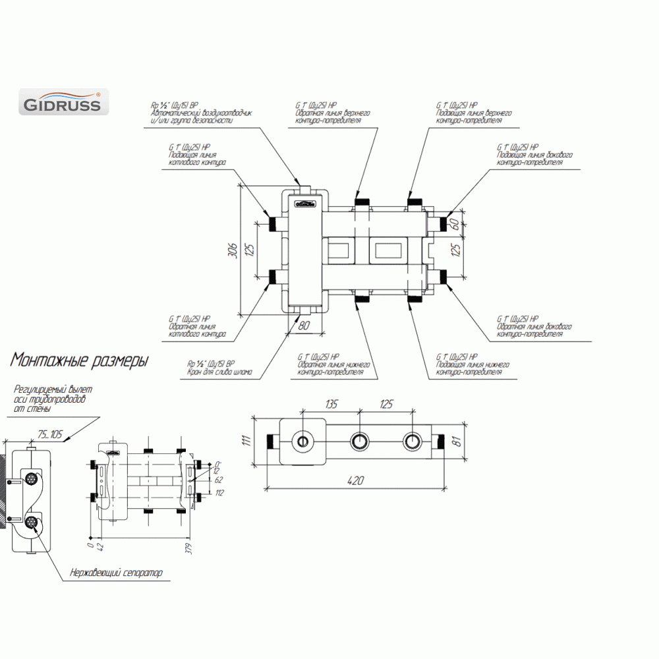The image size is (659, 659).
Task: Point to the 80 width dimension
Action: pos(304,324)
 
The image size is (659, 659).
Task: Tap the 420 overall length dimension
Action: pos(355,482)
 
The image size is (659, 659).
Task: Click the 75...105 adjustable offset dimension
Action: pos(51,434)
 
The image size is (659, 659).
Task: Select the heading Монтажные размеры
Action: pos(79,360)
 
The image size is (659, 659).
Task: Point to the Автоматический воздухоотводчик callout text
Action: pos(202,114)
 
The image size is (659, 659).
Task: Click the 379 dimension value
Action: pos(188,550)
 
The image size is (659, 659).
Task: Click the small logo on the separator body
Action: pos(304,204)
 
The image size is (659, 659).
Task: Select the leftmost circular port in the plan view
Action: pos(304,441)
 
